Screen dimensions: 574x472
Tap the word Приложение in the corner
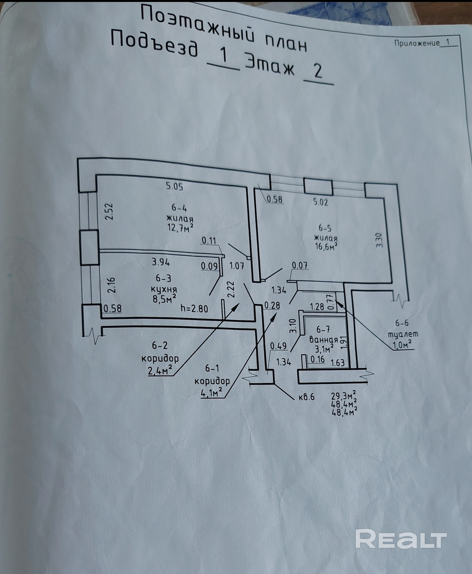click(417, 43)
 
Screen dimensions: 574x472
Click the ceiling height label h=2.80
click(194, 308)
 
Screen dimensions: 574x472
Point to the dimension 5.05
click(175, 187)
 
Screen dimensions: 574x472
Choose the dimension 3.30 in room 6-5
click(379, 240)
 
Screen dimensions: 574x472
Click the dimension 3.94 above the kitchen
click(161, 262)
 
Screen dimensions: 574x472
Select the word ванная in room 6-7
click(324, 340)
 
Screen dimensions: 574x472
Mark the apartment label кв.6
click(306, 397)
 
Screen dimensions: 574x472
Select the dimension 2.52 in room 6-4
click(109, 212)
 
